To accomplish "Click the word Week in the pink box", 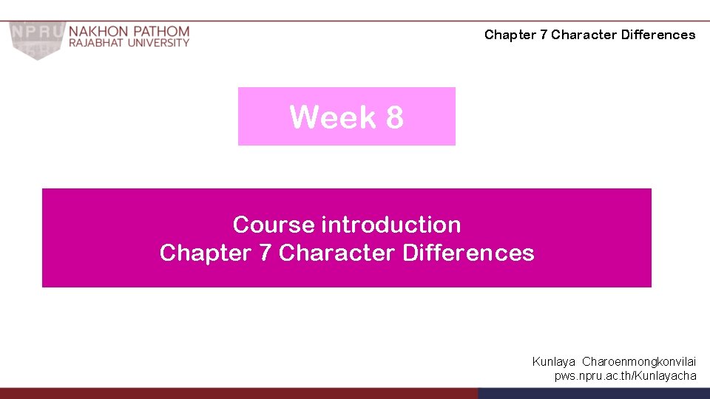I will click(333, 117).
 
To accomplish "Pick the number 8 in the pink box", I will click(394, 117).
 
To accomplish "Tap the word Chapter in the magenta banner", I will click(205, 253).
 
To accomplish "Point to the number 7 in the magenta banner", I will click(265, 253).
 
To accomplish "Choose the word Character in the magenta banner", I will click(337, 253).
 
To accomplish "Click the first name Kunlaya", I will click(554, 362).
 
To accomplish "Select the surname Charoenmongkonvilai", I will click(640, 362).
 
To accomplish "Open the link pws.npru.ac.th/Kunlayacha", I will click(626, 376).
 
